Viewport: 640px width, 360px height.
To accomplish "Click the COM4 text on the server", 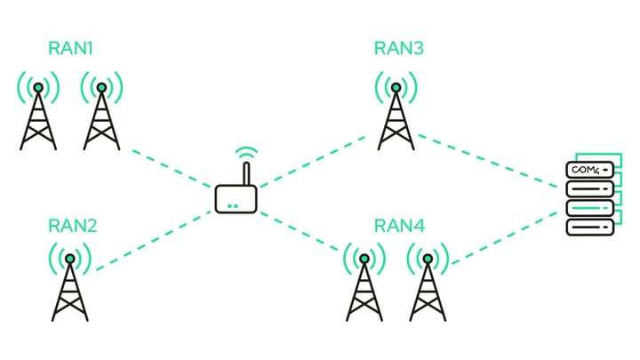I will (x=586, y=169).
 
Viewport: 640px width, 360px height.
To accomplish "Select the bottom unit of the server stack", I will (x=590, y=226).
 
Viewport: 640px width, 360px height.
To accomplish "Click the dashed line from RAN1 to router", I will (x=173, y=166).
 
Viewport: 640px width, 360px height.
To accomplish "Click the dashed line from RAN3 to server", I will (x=489, y=160).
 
